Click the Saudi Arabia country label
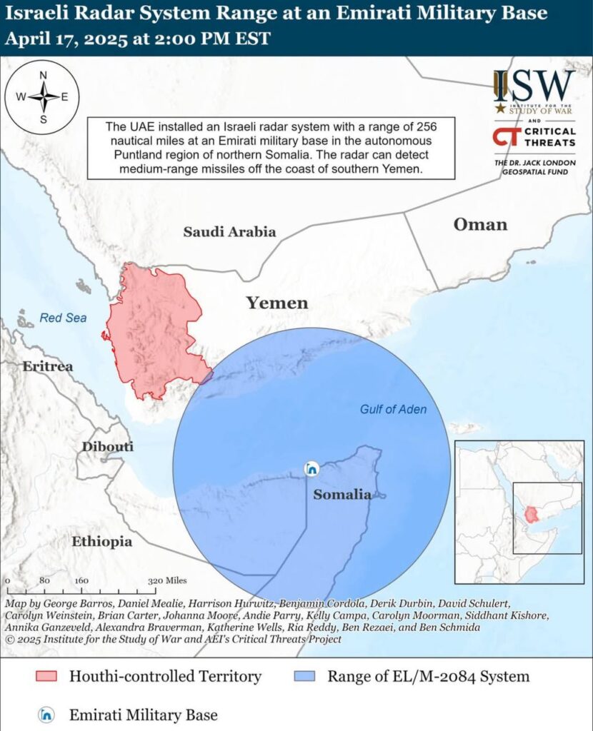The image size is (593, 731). [x=229, y=231]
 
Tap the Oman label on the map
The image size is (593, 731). [x=480, y=225]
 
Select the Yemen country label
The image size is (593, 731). [x=277, y=303]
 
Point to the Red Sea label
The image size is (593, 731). [x=63, y=318]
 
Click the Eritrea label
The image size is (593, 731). [x=48, y=366]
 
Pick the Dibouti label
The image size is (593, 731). [x=108, y=447]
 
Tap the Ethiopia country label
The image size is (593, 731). [x=101, y=542]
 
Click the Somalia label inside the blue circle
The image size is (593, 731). [x=343, y=494]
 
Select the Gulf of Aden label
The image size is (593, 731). [x=393, y=409]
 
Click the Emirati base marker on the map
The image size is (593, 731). [x=311, y=469]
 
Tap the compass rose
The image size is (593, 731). [x=42, y=97]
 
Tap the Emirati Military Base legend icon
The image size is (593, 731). [x=46, y=714]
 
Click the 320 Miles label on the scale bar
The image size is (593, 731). [x=167, y=580]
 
